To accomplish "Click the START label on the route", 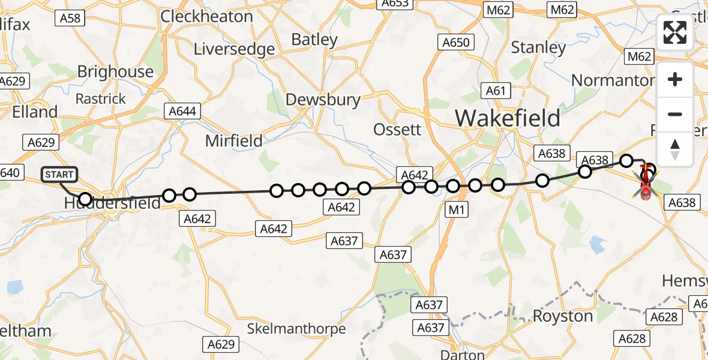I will pyautogui.click(x=60, y=175).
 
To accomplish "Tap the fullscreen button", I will pyautogui.click(x=675, y=32).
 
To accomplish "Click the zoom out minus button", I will pyautogui.click(x=675, y=114).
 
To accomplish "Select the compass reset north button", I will pyautogui.click(x=675, y=149).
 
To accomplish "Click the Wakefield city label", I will pyautogui.click(x=508, y=118).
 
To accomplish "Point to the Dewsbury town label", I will pyautogui.click(x=323, y=100).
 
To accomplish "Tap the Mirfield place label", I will pyautogui.click(x=234, y=141).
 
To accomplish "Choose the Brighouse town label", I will pyautogui.click(x=115, y=72).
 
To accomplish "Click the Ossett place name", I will pyautogui.click(x=397, y=130).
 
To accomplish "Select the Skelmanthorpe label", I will pyautogui.click(x=296, y=329).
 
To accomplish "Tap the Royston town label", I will pyautogui.click(x=563, y=316).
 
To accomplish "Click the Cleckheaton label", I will pyautogui.click(x=206, y=16).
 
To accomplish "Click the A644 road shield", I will pyautogui.click(x=182, y=111).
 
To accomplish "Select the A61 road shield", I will pyautogui.click(x=496, y=91).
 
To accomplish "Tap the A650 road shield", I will pyautogui.click(x=456, y=42).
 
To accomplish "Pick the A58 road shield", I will pyautogui.click(x=70, y=19).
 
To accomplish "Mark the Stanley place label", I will pyautogui.click(x=538, y=47).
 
